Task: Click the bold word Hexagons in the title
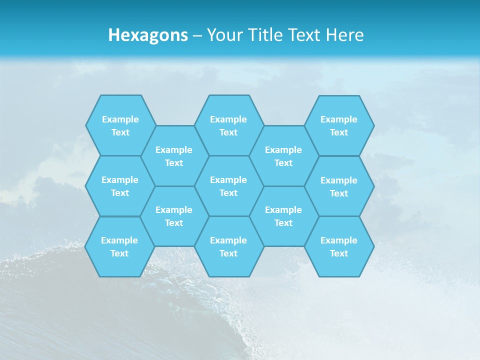[148, 35]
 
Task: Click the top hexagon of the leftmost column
[120, 125]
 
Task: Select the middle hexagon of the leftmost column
[120, 186]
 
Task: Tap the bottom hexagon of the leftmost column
[119, 246]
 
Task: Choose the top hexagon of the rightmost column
[339, 125]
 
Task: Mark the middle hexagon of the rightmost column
[339, 186]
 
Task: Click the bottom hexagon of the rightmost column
[339, 246]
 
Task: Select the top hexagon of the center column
[228, 125]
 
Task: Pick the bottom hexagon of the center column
[228, 246]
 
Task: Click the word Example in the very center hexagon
[228, 180]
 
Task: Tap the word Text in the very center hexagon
[228, 193]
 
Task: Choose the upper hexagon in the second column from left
[174, 156]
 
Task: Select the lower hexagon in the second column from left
[174, 216]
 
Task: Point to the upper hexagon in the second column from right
[283, 156]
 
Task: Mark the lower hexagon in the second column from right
[283, 216]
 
